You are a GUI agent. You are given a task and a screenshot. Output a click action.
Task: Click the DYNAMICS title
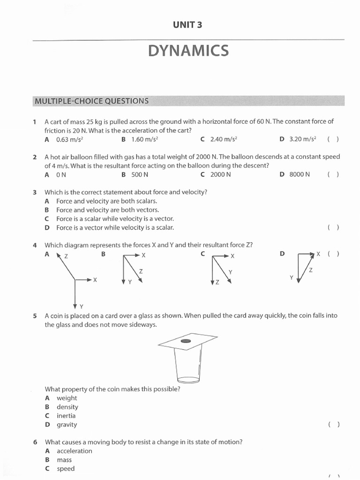coord(188,51)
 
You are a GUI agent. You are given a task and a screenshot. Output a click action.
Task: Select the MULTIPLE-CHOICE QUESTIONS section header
coord(91,101)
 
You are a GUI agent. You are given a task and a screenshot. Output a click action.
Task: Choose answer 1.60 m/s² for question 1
coord(144,139)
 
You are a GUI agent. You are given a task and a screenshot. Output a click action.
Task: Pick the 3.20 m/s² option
coord(303,139)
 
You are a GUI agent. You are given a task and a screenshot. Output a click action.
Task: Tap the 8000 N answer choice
coord(300,174)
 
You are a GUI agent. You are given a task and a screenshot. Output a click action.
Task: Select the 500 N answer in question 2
coord(140,174)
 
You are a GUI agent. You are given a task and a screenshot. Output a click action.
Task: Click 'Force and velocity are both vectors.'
coord(107,210)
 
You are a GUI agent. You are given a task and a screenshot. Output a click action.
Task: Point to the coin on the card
coord(186,340)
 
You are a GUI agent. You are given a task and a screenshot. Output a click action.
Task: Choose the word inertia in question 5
coord(66,416)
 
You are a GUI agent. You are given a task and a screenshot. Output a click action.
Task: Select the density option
coord(67,407)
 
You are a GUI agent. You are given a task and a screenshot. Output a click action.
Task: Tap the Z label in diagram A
coord(66,256)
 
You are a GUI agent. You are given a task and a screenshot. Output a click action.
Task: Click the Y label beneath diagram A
coord(81,307)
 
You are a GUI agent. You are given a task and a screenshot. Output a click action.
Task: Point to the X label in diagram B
coord(143,255)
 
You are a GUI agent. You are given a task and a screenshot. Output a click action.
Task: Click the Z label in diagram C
coord(217,283)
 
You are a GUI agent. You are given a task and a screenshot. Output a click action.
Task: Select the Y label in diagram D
coord(291,277)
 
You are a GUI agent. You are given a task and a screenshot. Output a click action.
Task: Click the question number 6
coord(35,442)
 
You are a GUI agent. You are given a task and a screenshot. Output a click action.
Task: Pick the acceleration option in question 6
coord(74,451)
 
